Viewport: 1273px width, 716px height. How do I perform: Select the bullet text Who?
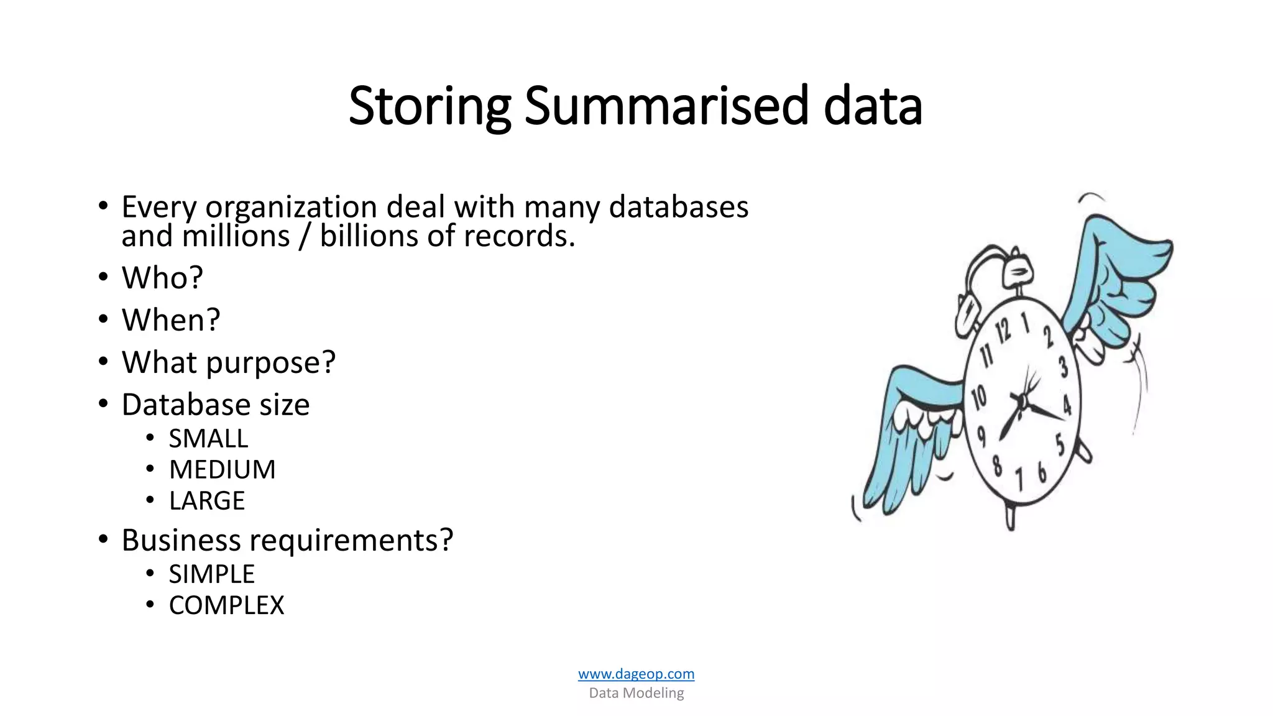point(162,277)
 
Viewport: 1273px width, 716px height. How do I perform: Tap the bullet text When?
point(171,320)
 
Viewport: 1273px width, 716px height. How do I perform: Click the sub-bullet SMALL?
point(208,439)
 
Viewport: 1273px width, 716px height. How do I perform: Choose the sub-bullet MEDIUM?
point(222,470)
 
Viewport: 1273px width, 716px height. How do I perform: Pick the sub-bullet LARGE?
point(207,501)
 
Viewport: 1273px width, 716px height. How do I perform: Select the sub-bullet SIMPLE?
point(211,574)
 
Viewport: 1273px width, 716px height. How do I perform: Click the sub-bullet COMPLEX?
point(226,605)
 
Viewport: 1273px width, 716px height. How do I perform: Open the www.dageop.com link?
point(636,674)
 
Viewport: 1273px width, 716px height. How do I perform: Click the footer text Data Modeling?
point(636,693)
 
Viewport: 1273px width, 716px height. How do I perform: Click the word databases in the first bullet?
point(678,207)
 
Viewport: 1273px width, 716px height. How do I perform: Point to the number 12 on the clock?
point(1003,330)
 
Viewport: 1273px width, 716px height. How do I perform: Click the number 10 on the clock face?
point(979,397)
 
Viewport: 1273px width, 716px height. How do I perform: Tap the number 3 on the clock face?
point(1064,366)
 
